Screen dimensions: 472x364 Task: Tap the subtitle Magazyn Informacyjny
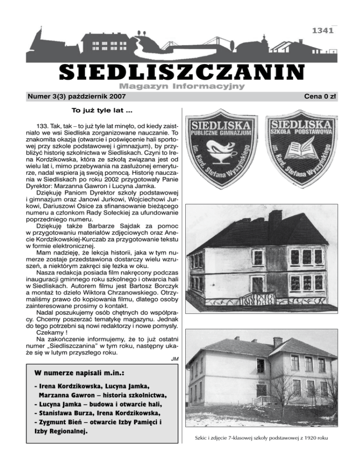pos(182,86)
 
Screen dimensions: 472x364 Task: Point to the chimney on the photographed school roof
pos(278,341)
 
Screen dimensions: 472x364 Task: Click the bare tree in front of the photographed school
pos(285,389)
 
